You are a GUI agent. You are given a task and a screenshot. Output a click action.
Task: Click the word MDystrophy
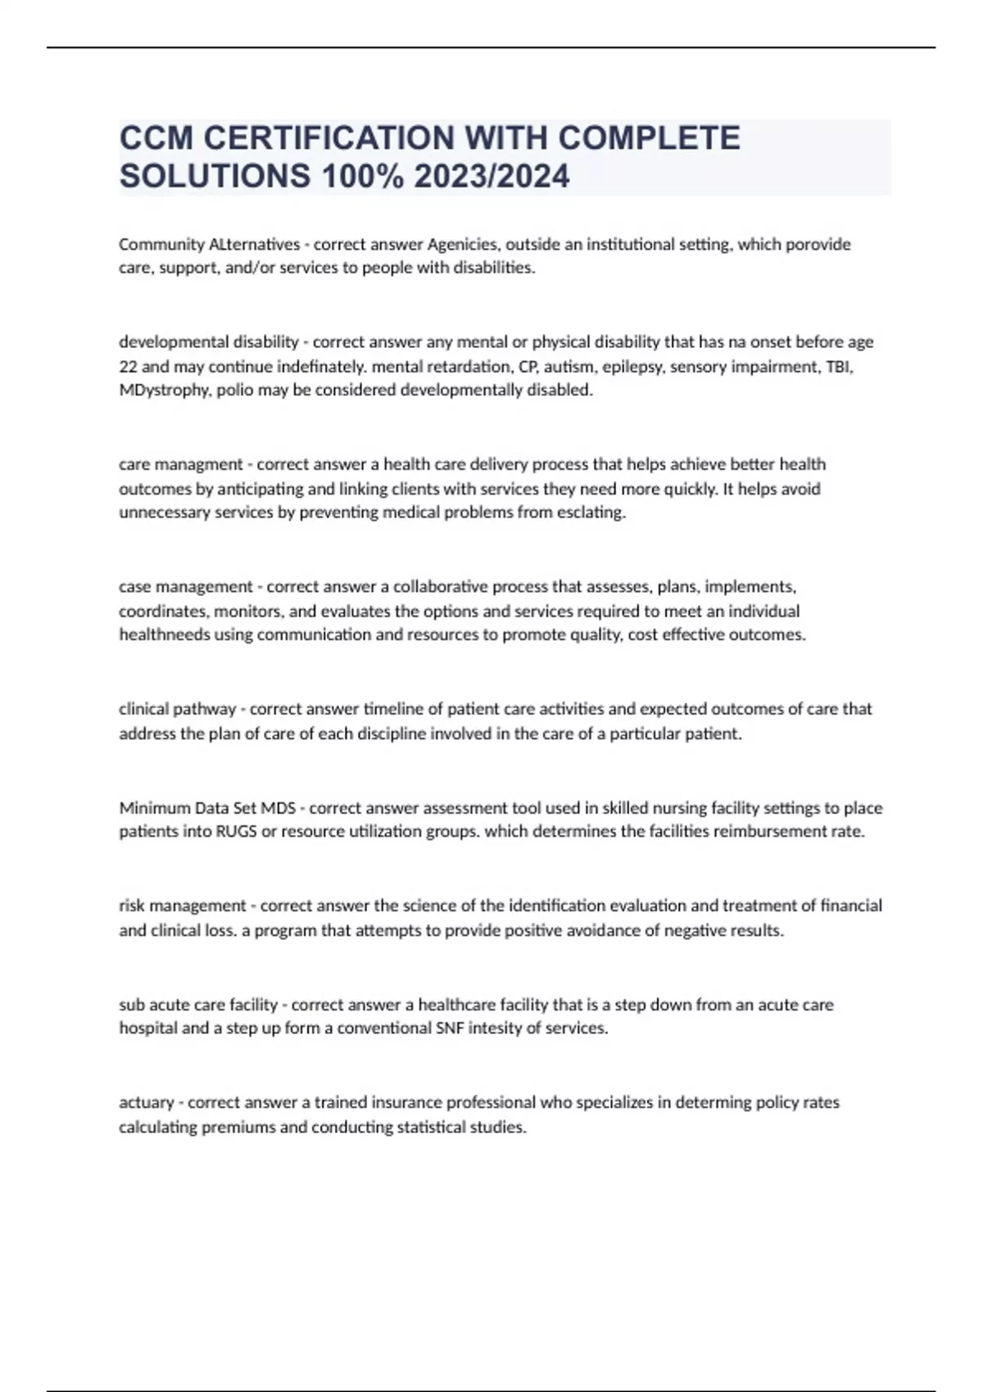pos(164,390)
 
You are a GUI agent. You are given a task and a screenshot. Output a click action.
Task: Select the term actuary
pos(147,1102)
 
